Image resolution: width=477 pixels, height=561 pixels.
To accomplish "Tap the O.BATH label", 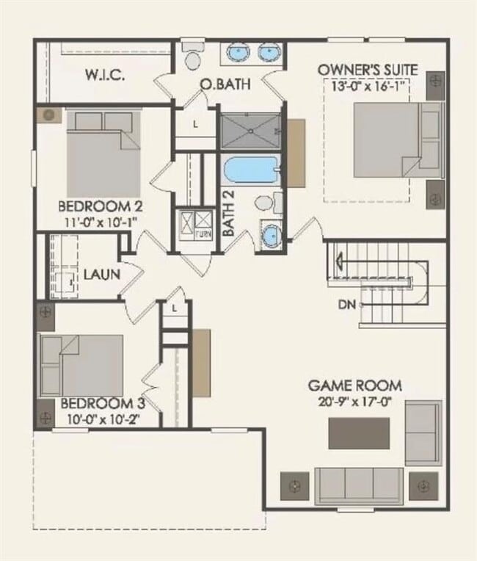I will coord(225,84).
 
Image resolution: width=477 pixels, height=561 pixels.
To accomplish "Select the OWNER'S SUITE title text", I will coord(368,70).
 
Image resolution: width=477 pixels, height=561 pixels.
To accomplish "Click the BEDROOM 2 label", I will coord(100,205).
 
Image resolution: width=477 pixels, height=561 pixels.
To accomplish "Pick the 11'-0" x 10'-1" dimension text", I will coord(100,220).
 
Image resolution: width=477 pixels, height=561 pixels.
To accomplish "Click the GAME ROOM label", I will coord(354,386).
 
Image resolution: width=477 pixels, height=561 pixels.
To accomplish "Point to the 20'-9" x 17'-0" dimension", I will coord(354,402).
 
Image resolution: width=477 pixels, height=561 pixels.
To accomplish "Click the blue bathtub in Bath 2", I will coord(250,171).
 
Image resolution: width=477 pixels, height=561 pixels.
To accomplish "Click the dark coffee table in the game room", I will coord(359,432).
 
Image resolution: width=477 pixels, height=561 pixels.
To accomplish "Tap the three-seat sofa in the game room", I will coord(359,485).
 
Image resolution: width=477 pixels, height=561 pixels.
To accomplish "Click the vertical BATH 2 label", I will coord(229,213).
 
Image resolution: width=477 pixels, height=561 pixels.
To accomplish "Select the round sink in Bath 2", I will coord(271,236).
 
